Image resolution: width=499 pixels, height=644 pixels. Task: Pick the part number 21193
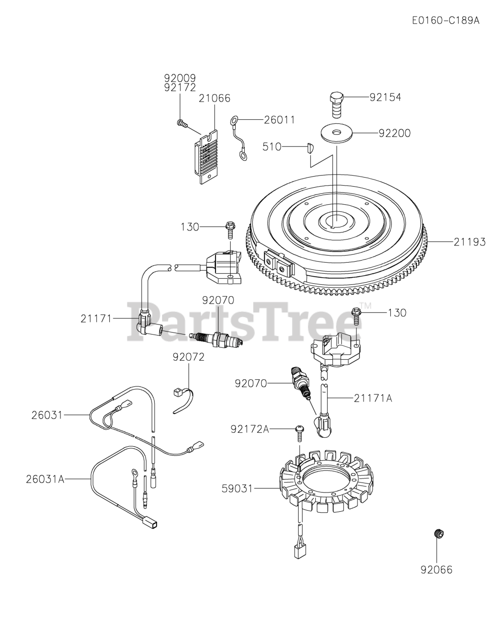click(x=469, y=242)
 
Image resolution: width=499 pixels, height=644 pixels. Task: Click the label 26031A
click(x=45, y=479)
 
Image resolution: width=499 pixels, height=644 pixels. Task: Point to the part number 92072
click(x=188, y=357)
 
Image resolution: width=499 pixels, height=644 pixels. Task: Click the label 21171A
click(x=373, y=398)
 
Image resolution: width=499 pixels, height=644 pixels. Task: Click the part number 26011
click(x=279, y=120)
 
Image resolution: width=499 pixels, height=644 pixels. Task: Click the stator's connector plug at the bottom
click(x=299, y=550)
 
